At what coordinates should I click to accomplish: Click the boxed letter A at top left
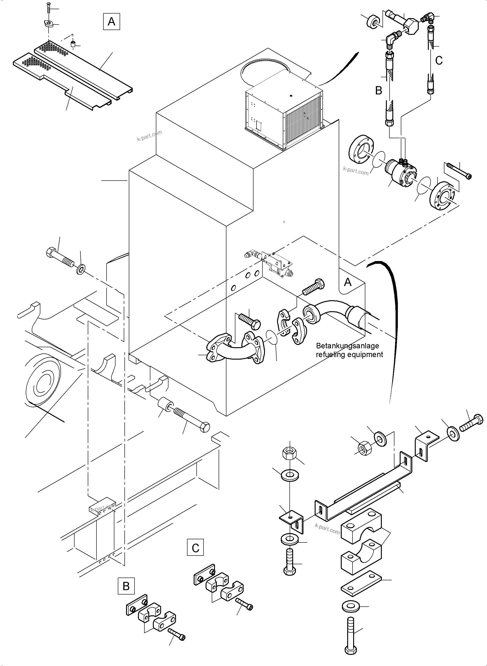tap(111, 22)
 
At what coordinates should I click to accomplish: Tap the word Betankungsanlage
tap(347, 346)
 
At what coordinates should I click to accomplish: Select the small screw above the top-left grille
tap(49, 7)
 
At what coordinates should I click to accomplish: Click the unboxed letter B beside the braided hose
tap(379, 91)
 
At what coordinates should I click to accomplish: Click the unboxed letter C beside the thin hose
tap(439, 61)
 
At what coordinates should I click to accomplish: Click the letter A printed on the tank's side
tap(348, 282)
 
